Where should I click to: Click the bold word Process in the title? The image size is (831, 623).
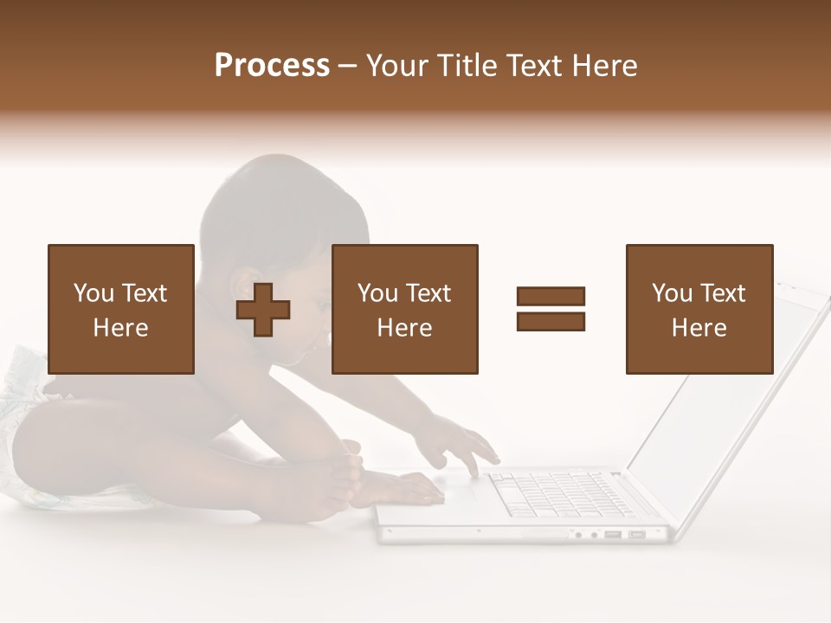pyautogui.click(x=272, y=66)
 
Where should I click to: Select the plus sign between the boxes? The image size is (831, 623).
pyautogui.click(x=263, y=310)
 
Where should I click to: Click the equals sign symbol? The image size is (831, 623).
pyautogui.click(x=551, y=309)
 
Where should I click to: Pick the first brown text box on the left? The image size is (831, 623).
pyautogui.click(x=121, y=309)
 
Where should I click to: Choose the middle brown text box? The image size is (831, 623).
pyautogui.click(x=405, y=309)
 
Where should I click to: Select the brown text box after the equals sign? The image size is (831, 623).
pyautogui.click(x=699, y=309)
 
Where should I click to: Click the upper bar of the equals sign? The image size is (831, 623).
pyautogui.click(x=551, y=296)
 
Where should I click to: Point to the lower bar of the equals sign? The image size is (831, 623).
pyautogui.click(x=551, y=321)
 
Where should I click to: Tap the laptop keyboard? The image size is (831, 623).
pyautogui.click(x=554, y=495)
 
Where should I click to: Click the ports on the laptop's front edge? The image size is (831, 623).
pyautogui.click(x=615, y=535)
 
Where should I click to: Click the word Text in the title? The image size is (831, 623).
pyautogui.click(x=533, y=66)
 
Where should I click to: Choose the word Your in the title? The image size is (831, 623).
pyautogui.click(x=397, y=66)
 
